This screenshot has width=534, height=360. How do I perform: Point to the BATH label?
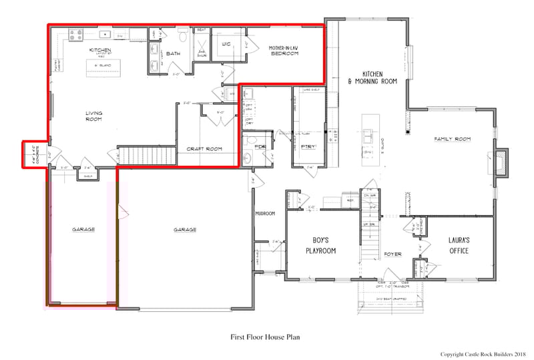tap(173, 53)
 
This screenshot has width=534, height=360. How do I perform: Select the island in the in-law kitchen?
tap(101, 65)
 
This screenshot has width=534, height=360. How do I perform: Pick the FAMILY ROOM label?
tap(453, 139)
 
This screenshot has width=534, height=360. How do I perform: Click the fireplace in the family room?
tap(500, 161)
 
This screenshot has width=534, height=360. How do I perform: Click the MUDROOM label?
tap(265, 214)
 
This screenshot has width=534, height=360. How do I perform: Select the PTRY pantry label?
tap(308, 145)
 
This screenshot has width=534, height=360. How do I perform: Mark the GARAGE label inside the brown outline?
tap(84, 229)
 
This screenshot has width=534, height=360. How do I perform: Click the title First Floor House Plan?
tap(266, 337)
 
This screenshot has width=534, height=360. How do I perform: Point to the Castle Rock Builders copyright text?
tap(484, 353)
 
